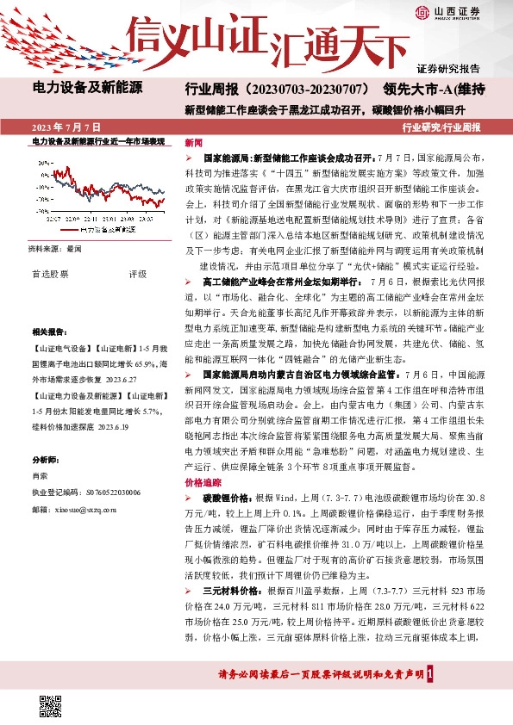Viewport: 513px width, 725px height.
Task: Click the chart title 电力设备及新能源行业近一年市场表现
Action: click(97, 139)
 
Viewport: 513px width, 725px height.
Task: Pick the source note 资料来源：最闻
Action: click(55, 248)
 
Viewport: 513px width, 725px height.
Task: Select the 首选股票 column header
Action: click(50, 274)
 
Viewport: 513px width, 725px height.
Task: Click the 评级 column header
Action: click(138, 274)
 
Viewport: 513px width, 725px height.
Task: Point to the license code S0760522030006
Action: click(108, 493)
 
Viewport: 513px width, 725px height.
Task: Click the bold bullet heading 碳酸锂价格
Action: click(224, 499)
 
